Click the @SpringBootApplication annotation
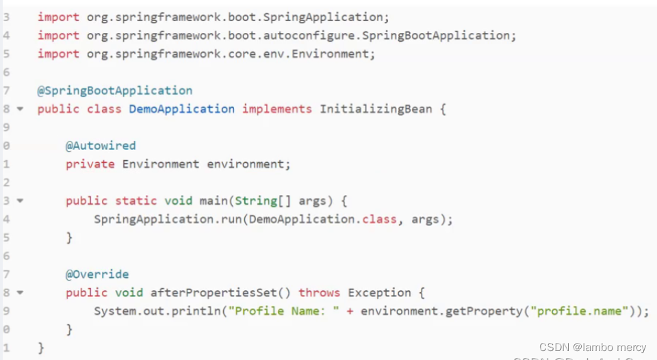pyautogui.click(x=114, y=90)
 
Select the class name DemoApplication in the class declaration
pyautogui.click(x=181, y=109)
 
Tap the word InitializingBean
pyautogui.click(x=376, y=109)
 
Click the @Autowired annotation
pyautogui.click(x=101, y=146)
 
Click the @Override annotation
pyautogui.click(x=97, y=274)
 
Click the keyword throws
pyautogui.click(x=319, y=293)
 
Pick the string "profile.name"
pyautogui.click(x=580, y=311)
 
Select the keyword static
pyautogui.click(x=136, y=201)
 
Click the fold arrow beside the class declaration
pyautogui.click(x=20, y=109)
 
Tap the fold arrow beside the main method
pyautogui.click(x=20, y=201)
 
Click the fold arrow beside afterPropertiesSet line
pyautogui.click(x=20, y=293)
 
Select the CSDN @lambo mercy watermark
pyautogui.click(x=592, y=347)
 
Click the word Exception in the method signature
pyautogui.click(x=379, y=293)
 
